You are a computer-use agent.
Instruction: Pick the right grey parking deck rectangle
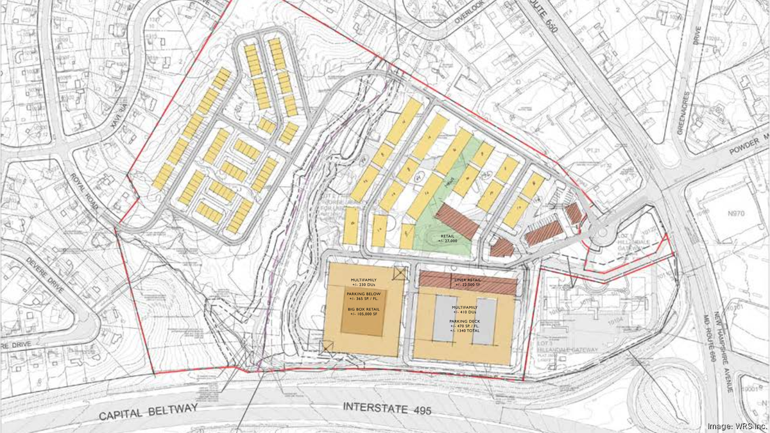[x=486, y=319]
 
